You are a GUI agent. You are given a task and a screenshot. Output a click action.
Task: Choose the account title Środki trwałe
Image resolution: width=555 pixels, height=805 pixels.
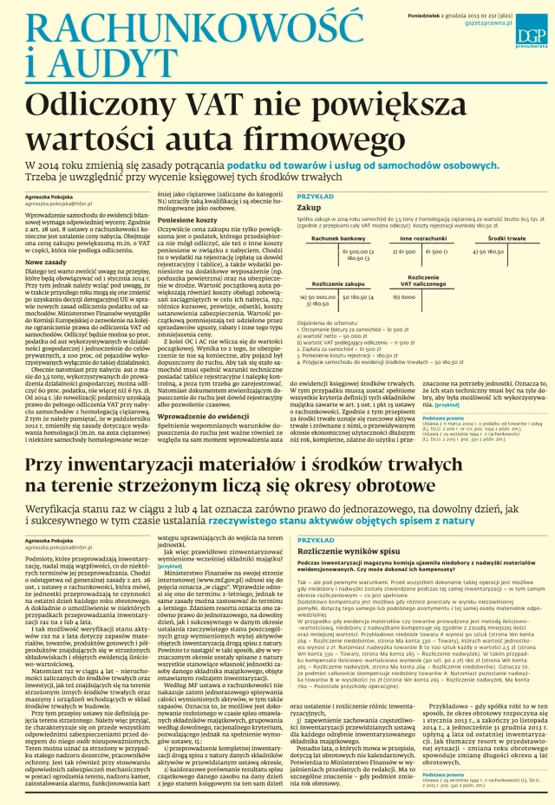coord(503,237)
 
